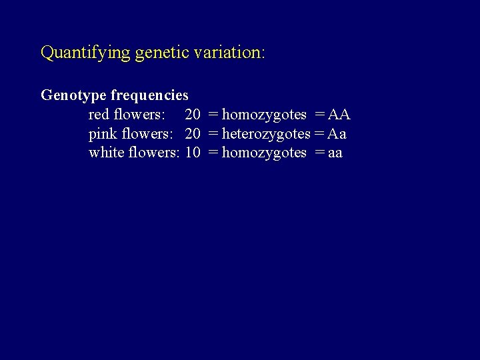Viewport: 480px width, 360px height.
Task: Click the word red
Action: [x=99, y=115]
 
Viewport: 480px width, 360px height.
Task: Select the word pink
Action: [x=102, y=134]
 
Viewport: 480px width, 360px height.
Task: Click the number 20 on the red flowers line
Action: [x=193, y=115]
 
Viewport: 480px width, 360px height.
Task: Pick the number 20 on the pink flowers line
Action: [x=193, y=134]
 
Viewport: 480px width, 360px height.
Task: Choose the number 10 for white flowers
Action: [x=193, y=153]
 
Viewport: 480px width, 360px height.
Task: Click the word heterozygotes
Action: [x=266, y=134]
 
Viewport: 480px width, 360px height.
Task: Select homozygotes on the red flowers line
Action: [x=264, y=115]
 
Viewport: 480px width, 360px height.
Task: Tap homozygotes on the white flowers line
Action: [x=264, y=153]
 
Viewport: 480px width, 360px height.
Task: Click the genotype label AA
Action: [x=339, y=115]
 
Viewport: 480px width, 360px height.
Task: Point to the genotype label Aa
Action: [x=337, y=134]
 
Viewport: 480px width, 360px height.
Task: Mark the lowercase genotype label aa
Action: [x=335, y=153]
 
